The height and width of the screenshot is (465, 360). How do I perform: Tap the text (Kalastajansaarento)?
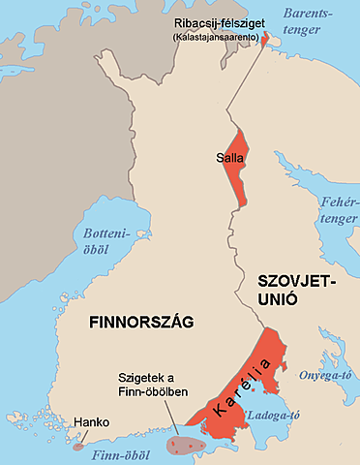pos(220,36)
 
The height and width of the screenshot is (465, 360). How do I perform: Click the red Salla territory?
pos(234,174)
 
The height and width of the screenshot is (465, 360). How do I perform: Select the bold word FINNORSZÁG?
pos(141,321)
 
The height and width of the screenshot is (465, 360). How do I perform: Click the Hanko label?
pos(90,423)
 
